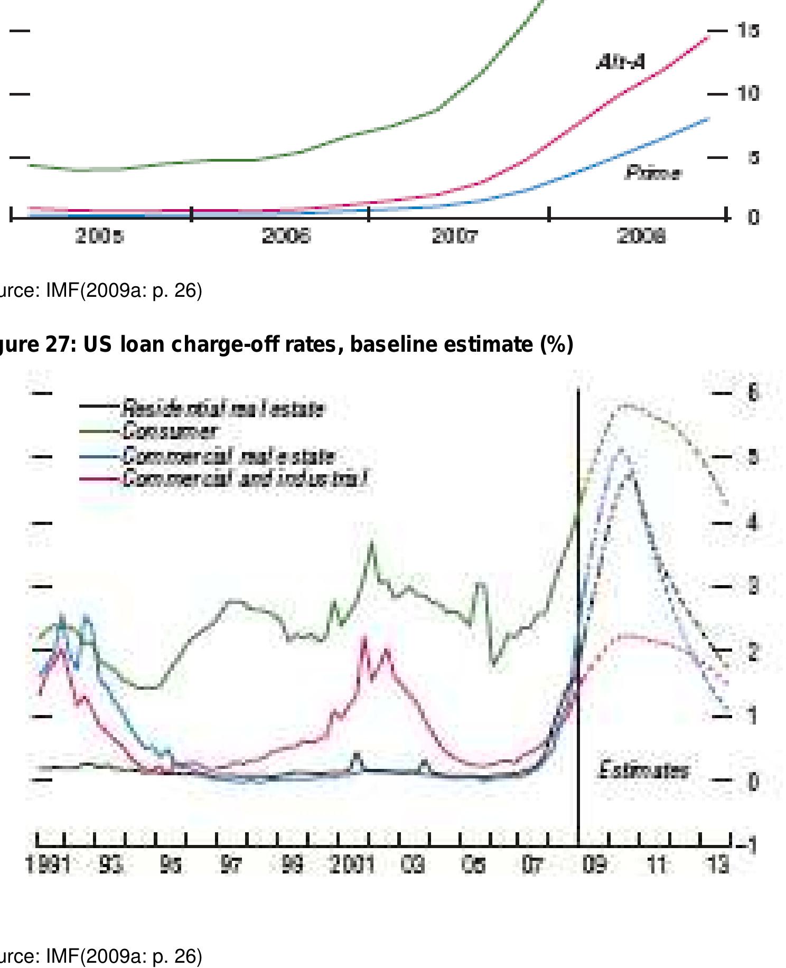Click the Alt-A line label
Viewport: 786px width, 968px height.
[620, 62]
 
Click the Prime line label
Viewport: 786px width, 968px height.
[653, 173]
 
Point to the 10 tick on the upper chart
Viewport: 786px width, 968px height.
[748, 94]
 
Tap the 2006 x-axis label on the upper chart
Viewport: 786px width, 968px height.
[286, 237]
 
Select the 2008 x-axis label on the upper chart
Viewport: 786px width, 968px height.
[641, 237]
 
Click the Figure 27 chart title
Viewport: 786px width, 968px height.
[285, 344]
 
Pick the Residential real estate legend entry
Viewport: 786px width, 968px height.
[222, 408]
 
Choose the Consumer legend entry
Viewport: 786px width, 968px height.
[169, 431]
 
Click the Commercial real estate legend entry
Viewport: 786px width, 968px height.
[228, 456]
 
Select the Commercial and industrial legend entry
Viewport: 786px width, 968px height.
[244, 479]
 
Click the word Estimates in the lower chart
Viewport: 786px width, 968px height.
[643, 770]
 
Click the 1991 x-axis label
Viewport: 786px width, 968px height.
[48, 866]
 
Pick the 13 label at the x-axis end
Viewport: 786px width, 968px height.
[717, 866]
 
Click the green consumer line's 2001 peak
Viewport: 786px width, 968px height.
[372, 542]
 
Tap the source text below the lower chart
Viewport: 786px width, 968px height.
[100, 955]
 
